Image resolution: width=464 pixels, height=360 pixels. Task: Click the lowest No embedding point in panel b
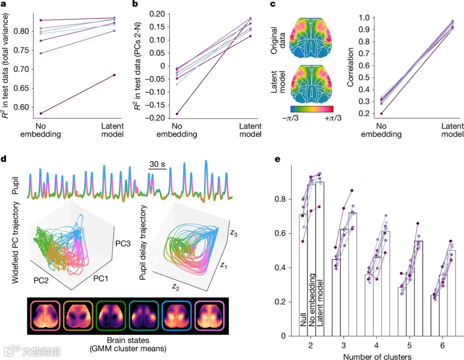(x=177, y=114)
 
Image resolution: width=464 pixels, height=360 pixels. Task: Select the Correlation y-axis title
(x=351, y=67)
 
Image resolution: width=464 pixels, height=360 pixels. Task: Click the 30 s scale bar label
(x=158, y=164)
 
